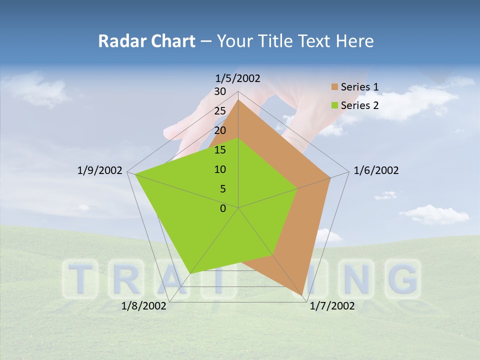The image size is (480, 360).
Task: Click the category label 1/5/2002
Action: tap(238, 78)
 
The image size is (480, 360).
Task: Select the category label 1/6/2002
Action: tap(376, 170)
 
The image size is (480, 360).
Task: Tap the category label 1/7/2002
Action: tap(332, 306)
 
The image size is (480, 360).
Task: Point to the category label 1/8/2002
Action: tap(144, 306)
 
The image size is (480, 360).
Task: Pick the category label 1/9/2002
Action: tap(100, 170)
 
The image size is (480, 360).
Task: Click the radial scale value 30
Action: tap(220, 91)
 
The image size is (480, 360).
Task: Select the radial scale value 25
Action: tap(220, 111)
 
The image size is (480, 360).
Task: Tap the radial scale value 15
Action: tap(220, 150)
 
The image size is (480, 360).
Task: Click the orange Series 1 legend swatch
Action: tap(334, 87)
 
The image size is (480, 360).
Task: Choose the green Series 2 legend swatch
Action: tap(334, 105)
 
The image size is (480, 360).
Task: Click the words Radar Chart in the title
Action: tap(146, 41)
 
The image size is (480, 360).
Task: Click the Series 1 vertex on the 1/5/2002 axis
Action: tap(238, 99)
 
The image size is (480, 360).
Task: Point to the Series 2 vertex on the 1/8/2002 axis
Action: tap(190, 273)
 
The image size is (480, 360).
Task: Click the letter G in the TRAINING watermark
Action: tap(403, 279)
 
